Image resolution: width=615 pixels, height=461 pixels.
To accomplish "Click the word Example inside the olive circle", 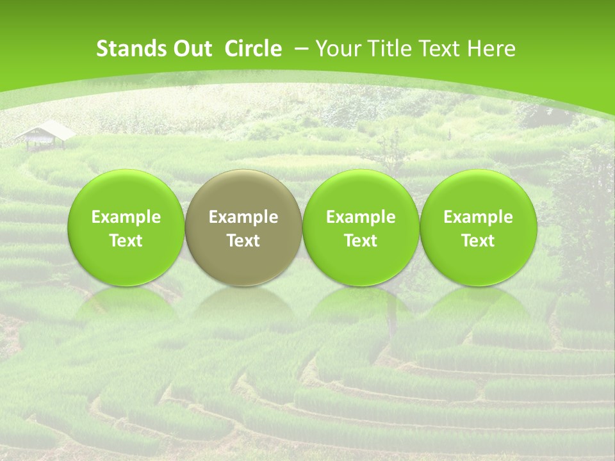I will [243, 217].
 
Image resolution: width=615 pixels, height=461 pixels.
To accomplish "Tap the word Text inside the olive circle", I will [243, 241].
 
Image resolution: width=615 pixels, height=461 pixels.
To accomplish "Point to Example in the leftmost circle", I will [126, 217].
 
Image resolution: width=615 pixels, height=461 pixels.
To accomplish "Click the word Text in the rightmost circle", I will [478, 241].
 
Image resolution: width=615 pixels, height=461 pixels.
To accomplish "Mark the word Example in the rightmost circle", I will [478, 217].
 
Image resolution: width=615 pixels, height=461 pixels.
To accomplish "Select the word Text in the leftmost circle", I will [126, 241].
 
